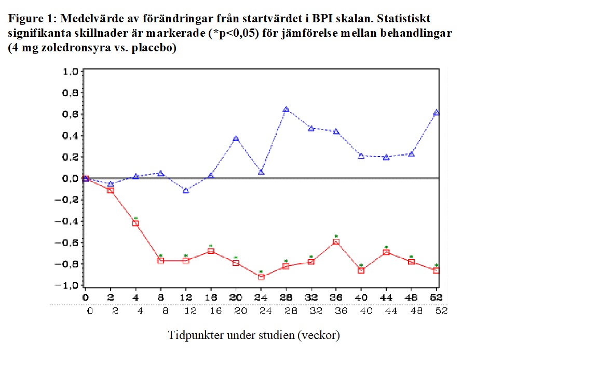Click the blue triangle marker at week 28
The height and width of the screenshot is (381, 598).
point(286,109)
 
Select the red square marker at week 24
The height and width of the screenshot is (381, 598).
point(261,277)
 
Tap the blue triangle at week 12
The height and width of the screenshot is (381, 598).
point(186,190)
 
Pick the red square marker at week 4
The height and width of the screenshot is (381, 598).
point(135,223)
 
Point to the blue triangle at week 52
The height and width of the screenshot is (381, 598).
point(437,112)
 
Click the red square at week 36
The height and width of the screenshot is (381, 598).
point(336,242)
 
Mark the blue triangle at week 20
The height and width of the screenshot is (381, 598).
point(236,138)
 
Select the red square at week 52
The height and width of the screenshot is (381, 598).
point(437,271)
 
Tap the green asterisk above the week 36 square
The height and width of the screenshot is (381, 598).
point(336,236)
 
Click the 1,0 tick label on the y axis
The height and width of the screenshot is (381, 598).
point(70,72)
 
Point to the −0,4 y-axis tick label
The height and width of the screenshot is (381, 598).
point(67,221)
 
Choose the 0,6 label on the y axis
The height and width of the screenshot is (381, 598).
point(70,115)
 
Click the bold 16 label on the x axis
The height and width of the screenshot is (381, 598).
point(211,298)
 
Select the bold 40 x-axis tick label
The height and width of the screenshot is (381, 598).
point(361,298)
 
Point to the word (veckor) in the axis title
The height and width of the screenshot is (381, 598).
point(319,335)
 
